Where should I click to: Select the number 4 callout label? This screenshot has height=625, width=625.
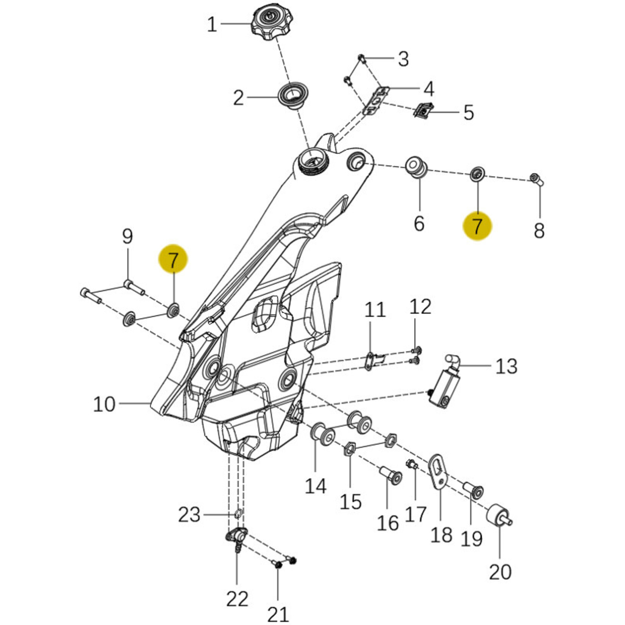tap(429, 89)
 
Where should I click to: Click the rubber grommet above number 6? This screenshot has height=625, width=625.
tap(417, 167)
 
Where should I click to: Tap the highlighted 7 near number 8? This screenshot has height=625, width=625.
tap(477, 226)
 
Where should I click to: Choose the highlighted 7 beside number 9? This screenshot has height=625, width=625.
tap(173, 260)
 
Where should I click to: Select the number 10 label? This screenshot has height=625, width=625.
tap(104, 404)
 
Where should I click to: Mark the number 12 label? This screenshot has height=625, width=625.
tap(420, 306)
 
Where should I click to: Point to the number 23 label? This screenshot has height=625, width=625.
tap(189, 515)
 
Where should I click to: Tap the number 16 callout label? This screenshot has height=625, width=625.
tap(388, 523)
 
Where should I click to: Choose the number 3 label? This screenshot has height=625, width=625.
tap(403, 59)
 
